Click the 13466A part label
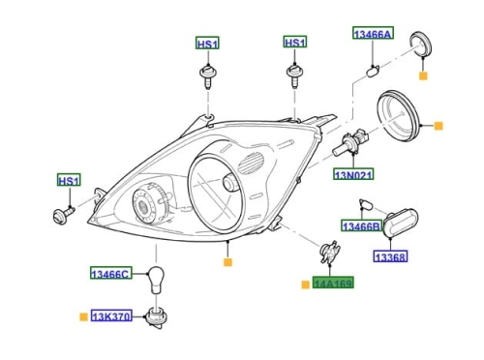click(x=373, y=33)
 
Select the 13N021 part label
click(x=353, y=174)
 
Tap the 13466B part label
click(x=361, y=225)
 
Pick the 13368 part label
click(x=390, y=256)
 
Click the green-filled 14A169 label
click(x=333, y=283)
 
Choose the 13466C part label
click(x=110, y=273)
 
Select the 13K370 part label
click(x=111, y=315)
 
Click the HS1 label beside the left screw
click(x=69, y=180)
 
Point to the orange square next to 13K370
click(x=83, y=316)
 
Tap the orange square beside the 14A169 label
click(x=305, y=285)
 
